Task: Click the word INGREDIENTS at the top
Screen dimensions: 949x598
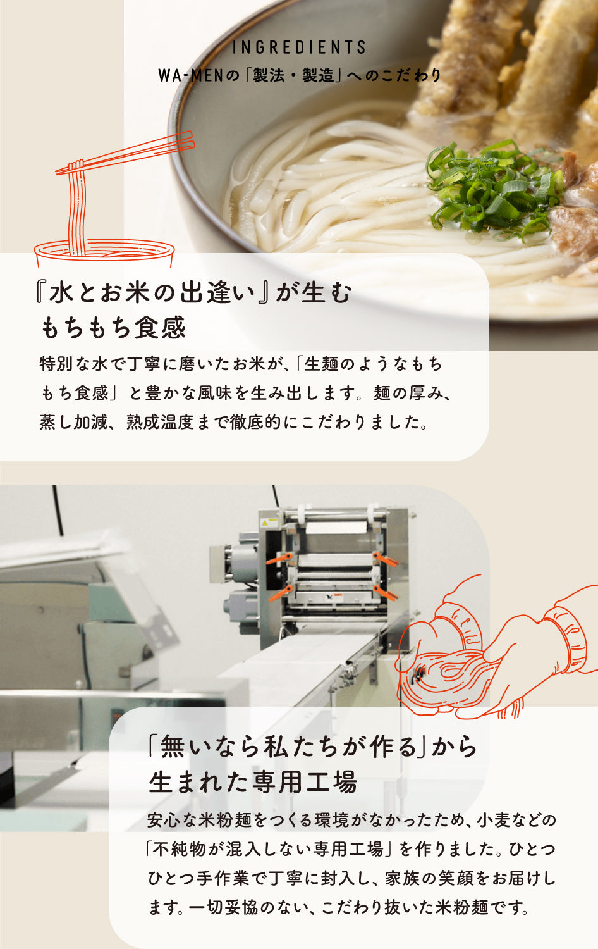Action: click(x=299, y=47)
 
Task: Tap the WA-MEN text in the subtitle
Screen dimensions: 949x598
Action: click(x=191, y=75)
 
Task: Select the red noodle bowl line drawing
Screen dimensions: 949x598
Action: click(x=104, y=249)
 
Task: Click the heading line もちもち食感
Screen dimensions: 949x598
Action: click(x=114, y=328)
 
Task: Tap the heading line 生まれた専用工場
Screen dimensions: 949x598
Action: click(x=253, y=783)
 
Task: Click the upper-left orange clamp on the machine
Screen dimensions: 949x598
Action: click(x=279, y=559)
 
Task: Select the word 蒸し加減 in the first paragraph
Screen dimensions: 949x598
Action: click(x=73, y=422)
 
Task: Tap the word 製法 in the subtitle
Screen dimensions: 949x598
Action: click(x=268, y=75)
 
